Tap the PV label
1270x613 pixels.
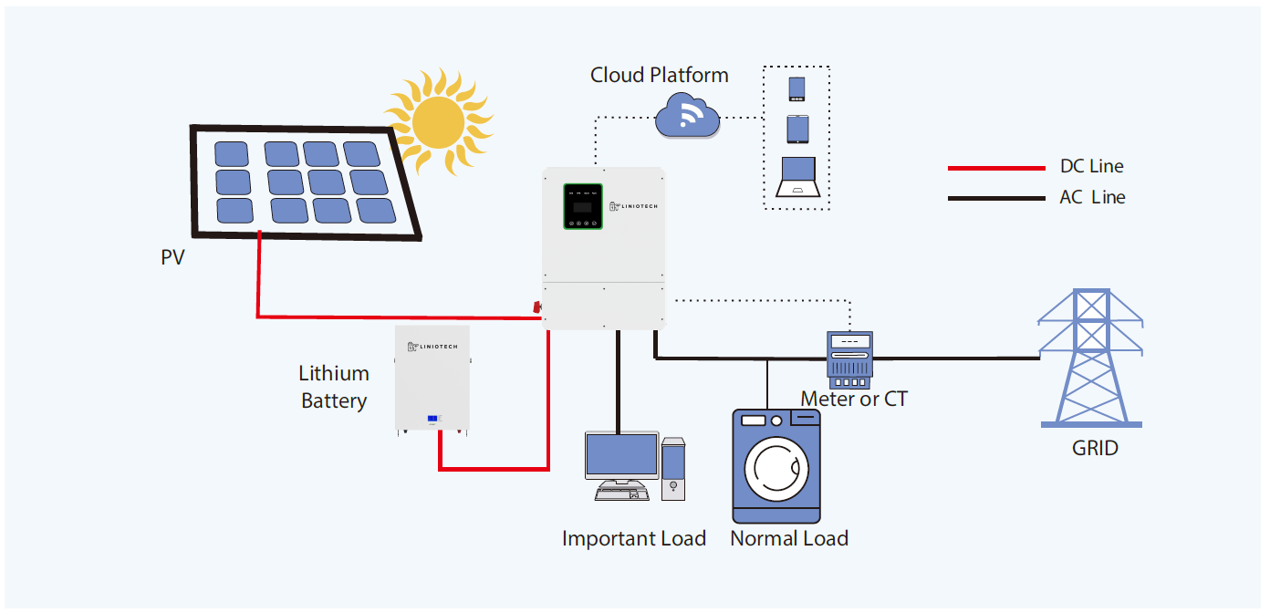[172, 258]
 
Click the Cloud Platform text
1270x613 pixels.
[659, 75]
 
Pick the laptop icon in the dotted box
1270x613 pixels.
[796, 179]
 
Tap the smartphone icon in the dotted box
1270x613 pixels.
[796, 89]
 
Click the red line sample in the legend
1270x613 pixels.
[995, 168]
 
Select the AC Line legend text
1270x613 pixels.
[1092, 197]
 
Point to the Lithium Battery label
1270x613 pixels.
[334, 387]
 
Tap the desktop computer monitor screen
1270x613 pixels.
[621, 455]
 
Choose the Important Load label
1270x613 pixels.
[634, 538]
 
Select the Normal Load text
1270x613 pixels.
[789, 538]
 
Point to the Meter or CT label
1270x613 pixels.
[854, 399]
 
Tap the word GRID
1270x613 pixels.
[1095, 448]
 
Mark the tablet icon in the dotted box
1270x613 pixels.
[796, 129]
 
